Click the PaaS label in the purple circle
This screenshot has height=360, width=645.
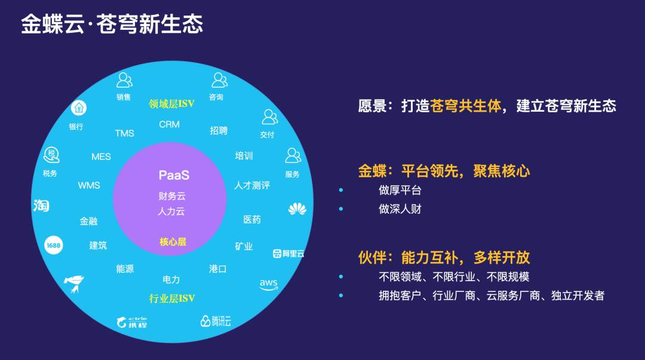(174, 176)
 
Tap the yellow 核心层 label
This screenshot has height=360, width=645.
(173, 242)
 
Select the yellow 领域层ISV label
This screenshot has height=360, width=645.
(171, 104)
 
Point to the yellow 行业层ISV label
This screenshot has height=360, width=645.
(172, 299)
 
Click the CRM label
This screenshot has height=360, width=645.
(169, 124)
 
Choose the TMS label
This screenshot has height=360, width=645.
(124, 133)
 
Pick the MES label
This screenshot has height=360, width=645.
(101, 157)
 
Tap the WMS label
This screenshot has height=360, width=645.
(89, 186)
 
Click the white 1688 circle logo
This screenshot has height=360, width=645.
(54, 245)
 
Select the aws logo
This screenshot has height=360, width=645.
(269, 284)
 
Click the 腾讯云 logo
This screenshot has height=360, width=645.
(216, 321)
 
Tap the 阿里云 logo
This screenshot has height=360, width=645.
(288, 254)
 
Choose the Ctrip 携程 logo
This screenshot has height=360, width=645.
(131, 322)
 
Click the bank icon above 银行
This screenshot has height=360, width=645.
(79, 108)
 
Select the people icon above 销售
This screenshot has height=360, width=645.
(124, 80)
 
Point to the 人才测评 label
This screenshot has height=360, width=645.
(252, 186)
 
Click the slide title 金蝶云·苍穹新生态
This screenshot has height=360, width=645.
(112, 24)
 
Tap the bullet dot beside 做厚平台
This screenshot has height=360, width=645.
(341, 190)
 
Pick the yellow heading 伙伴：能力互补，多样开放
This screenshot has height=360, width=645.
(444, 257)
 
